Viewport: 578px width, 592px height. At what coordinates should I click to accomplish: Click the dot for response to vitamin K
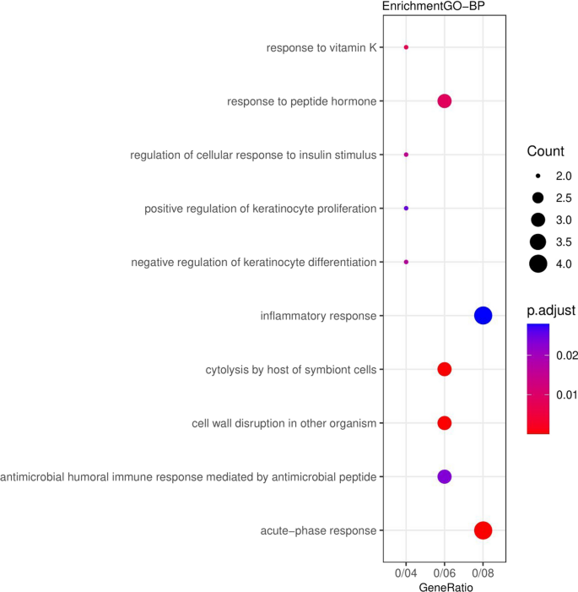[406, 47]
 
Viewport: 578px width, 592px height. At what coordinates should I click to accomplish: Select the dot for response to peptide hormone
[445, 101]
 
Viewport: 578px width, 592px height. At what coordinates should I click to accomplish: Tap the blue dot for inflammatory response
[483, 316]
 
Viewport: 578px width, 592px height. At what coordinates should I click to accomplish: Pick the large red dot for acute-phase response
[483, 530]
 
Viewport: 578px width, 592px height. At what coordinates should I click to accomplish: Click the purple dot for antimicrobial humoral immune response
[445, 477]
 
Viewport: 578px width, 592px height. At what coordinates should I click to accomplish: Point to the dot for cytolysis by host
[445, 369]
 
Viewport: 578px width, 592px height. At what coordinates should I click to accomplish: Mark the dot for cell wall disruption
[445, 423]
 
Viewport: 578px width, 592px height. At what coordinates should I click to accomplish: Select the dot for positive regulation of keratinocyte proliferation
[406, 208]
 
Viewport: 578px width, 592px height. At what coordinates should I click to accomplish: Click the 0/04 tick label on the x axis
[406, 571]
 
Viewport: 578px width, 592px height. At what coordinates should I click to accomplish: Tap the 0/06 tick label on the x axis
[445, 571]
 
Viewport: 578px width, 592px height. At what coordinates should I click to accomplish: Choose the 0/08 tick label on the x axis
[483, 571]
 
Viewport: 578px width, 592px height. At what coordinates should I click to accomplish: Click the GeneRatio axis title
[444, 585]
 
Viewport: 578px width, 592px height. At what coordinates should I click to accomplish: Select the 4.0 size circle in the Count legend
[537, 263]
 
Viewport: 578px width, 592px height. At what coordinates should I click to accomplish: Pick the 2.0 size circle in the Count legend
[537, 176]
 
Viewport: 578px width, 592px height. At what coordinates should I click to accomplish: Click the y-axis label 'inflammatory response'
[319, 316]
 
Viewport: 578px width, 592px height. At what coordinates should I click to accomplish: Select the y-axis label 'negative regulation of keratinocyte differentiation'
[254, 262]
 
